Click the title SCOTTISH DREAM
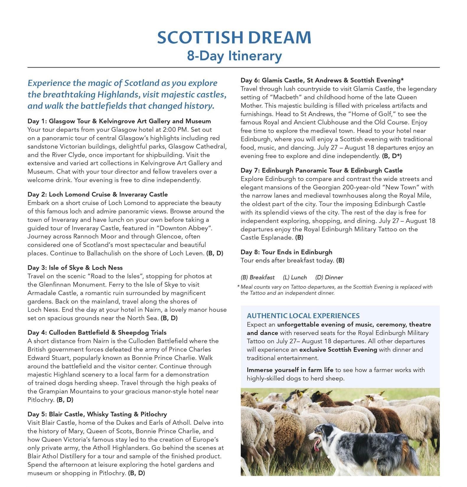click(234, 37)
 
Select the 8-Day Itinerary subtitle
click(234, 56)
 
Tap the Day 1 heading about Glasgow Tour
click(119, 121)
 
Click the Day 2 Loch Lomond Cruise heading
click(97, 194)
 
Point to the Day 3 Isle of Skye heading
click(75, 267)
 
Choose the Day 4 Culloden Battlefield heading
click(97, 332)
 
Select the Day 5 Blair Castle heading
click(97, 414)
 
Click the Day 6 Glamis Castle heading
click(322, 80)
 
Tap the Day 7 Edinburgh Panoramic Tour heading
click(321, 170)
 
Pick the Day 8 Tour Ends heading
click(286, 252)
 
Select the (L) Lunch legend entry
click(295, 277)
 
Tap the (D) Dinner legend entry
click(329, 277)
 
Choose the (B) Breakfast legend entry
click(257, 277)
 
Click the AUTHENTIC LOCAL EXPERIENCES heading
click(303, 316)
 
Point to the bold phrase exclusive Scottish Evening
click(338, 349)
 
